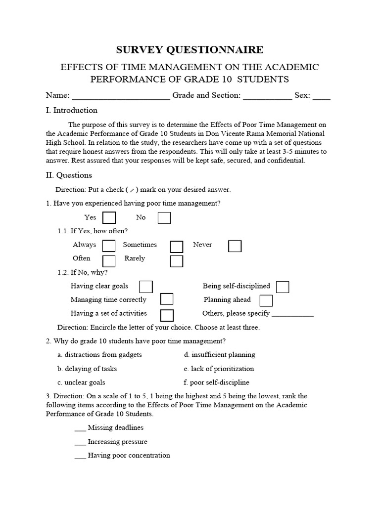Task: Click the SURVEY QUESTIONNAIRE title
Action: pyautogui.click(x=190, y=49)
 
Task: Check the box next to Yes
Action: pyautogui.click(x=109, y=218)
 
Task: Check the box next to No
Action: pyautogui.click(x=164, y=218)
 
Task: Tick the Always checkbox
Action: pyautogui.click(x=109, y=246)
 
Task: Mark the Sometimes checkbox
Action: pyautogui.click(x=177, y=246)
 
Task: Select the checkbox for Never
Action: pyautogui.click(x=235, y=246)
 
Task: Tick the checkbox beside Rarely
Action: pyautogui.click(x=177, y=260)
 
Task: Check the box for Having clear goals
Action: pyautogui.click(x=146, y=287)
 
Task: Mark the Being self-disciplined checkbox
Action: pyautogui.click(x=283, y=287)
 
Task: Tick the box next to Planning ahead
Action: pyautogui.click(x=266, y=300)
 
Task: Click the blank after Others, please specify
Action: pyautogui.click(x=292, y=315)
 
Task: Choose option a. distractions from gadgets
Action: pyautogui.click(x=99, y=355)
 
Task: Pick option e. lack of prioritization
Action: pyautogui.click(x=219, y=369)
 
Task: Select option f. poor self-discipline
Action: pyautogui.click(x=216, y=382)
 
